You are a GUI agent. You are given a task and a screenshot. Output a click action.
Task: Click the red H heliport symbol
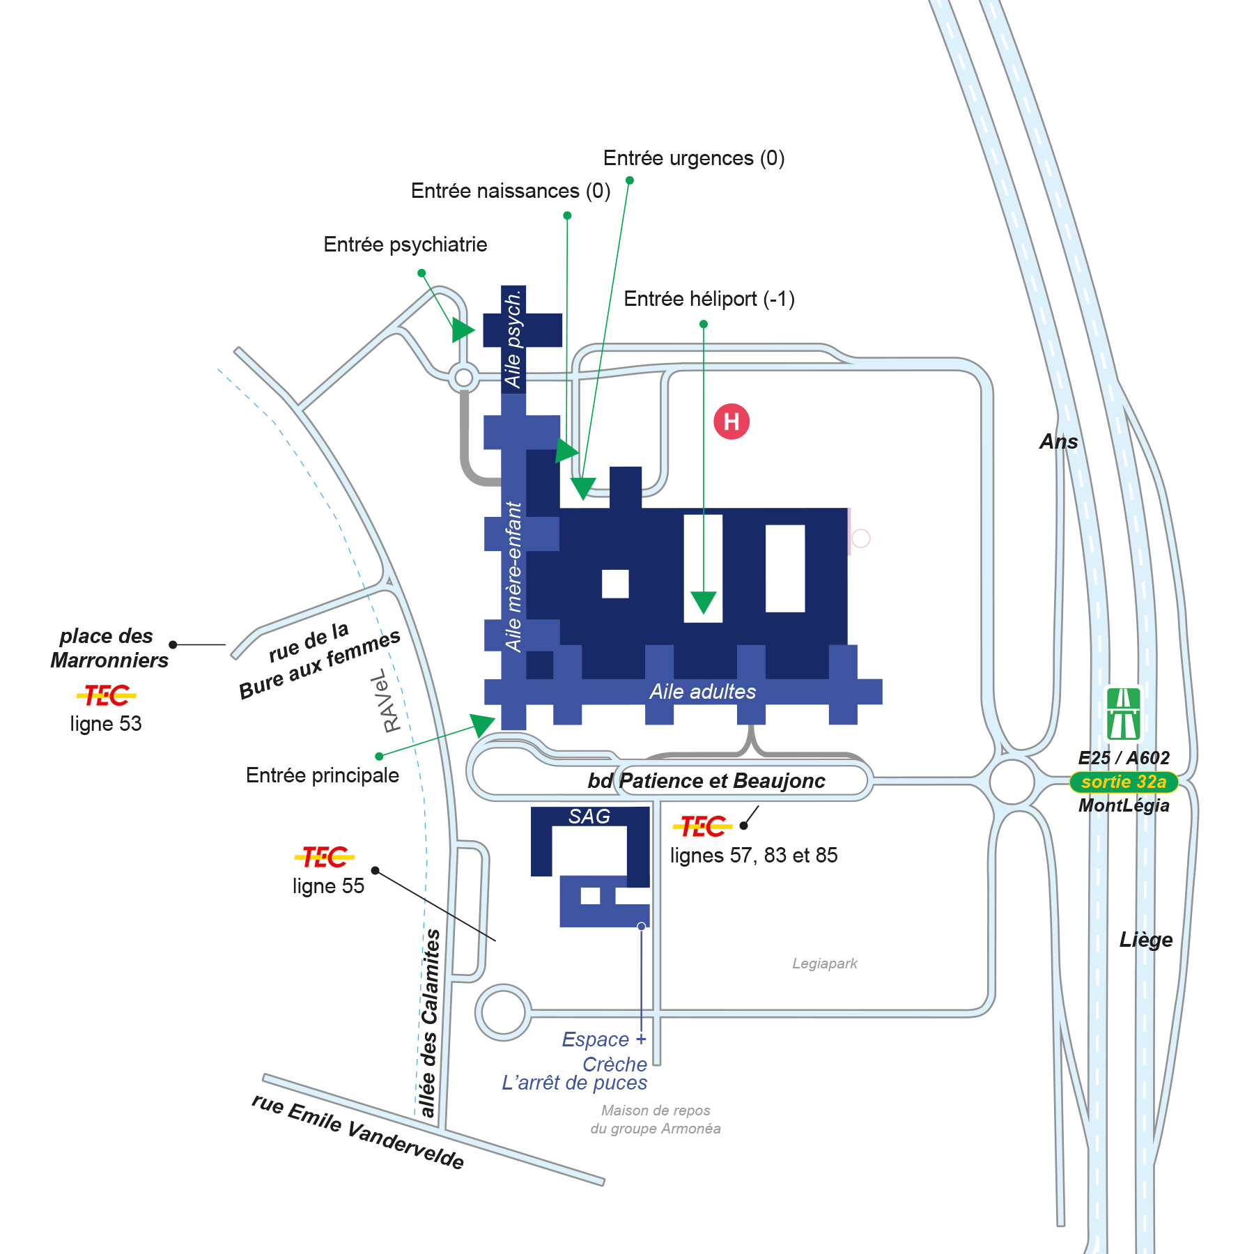pyautogui.click(x=731, y=421)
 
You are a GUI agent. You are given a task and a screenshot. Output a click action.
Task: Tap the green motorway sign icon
pyautogui.click(x=1124, y=714)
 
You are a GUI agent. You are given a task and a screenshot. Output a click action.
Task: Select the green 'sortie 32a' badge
pyautogui.click(x=1124, y=782)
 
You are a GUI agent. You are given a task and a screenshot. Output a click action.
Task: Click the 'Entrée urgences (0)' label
pyautogui.click(x=694, y=159)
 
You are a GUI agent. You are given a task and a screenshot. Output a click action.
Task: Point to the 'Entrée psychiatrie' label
pyautogui.click(x=405, y=245)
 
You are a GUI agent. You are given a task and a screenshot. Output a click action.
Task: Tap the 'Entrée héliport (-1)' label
pyautogui.click(x=709, y=299)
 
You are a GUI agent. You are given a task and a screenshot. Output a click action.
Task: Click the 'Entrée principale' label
pyautogui.click(x=323, y=775)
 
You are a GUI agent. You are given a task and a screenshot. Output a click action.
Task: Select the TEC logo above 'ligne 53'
pyautogui.click(x=106, y=695)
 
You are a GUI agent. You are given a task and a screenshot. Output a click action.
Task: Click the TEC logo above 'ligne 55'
pyautogui.click(x=325, y=857)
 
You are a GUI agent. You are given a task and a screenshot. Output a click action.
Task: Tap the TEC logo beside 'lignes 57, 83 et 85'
pyautogui.click(x=702, y=826)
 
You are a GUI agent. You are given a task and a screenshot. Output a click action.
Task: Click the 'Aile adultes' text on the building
pyautogui.click(x=703, y=692)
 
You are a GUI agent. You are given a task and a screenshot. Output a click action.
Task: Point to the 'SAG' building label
pyautogui.click(x=589, y=816)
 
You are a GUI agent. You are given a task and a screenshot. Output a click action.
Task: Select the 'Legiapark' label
pyautogui.click(x=825, y=963)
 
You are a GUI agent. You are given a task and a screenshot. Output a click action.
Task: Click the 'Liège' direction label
pyautogui.click(x=1146, y=940)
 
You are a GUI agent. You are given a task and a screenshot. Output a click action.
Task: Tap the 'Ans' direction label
pyautogui.click(x=1059, y=442)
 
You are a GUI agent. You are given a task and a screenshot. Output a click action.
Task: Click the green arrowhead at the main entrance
pyautogui.click(x=483, y=725)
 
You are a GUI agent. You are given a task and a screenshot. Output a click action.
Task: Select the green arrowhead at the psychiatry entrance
pyautogui.click(x=463, y=330)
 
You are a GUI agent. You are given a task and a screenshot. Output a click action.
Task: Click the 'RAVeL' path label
pyautogui.click(x=387, y=701)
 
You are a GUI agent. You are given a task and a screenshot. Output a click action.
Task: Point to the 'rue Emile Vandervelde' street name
pyautogui.click(x=357, y=1131)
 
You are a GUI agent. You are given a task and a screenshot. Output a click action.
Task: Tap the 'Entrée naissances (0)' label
pyautogui.click(x=511, y=191)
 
